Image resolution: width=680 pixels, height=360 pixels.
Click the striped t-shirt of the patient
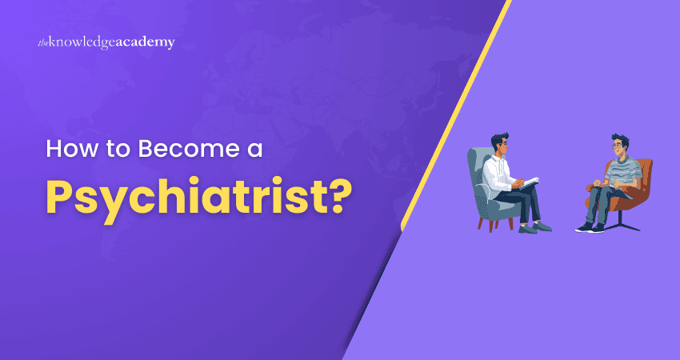[x=619, y=171]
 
